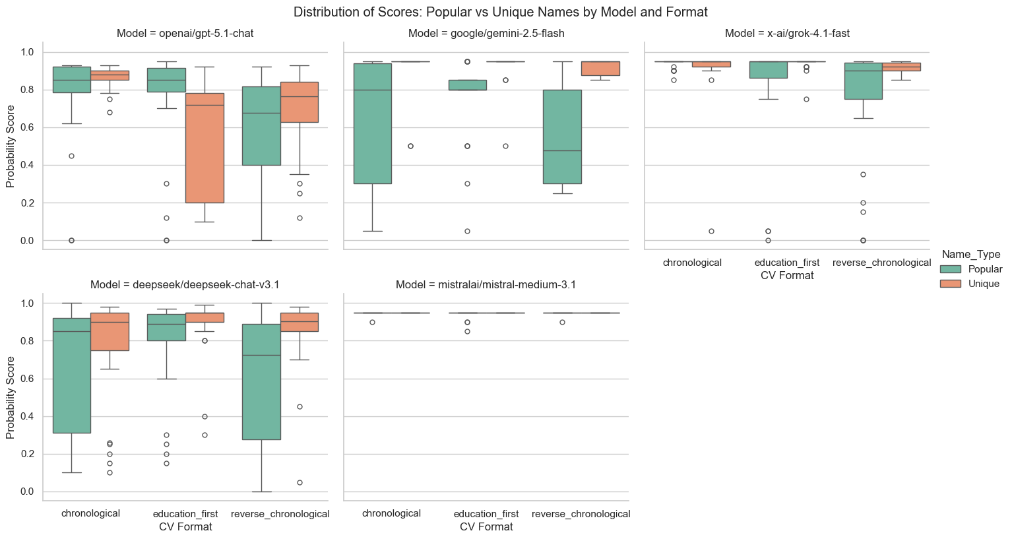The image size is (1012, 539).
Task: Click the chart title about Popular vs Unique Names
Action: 500,12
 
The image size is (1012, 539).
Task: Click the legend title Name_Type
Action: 970,254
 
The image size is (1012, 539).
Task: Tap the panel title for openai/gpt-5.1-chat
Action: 185,33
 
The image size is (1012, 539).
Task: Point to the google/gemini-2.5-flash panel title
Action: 486,33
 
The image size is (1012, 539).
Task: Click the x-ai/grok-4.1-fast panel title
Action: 787,33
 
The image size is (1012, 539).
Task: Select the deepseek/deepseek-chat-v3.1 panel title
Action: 185,284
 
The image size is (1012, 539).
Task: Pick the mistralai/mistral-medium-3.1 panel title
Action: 486,284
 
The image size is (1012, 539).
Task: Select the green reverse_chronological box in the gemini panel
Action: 562,137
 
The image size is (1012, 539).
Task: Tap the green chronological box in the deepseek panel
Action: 71,375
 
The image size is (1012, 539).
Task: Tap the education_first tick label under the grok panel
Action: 787,263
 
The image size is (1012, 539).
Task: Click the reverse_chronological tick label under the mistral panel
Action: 581,514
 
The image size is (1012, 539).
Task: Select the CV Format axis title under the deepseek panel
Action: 185,527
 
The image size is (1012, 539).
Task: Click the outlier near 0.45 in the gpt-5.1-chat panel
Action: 71,156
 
